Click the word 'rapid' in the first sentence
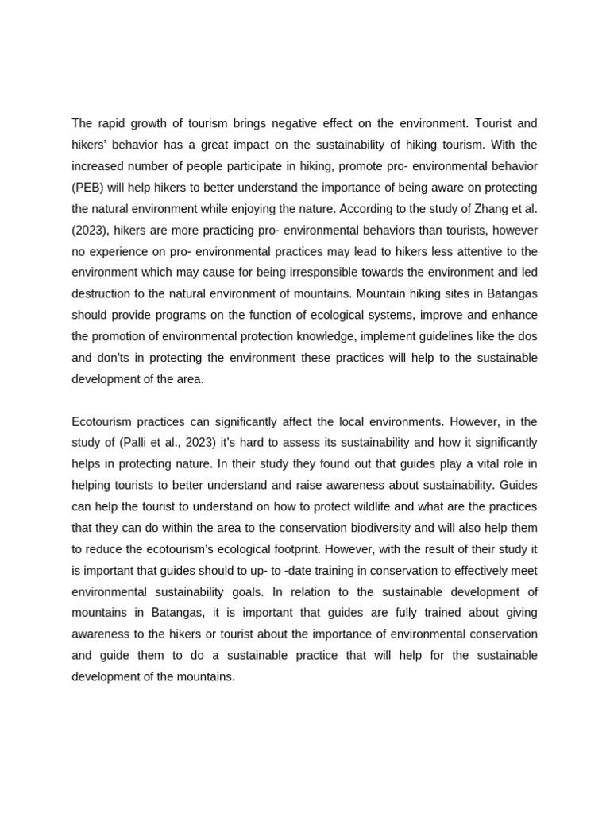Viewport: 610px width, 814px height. pyautogui.click(x=111, y=123)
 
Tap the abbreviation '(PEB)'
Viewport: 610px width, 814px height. pyautogui.click(x=88, y=188)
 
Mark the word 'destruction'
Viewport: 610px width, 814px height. pyautogui.click(x=101, y=294)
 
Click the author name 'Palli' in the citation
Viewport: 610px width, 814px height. pyautogui.click(x=140, y=443)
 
